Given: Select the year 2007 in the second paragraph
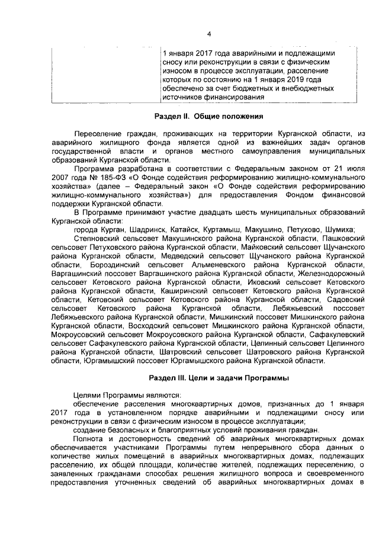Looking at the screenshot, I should (x=61, y=177).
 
